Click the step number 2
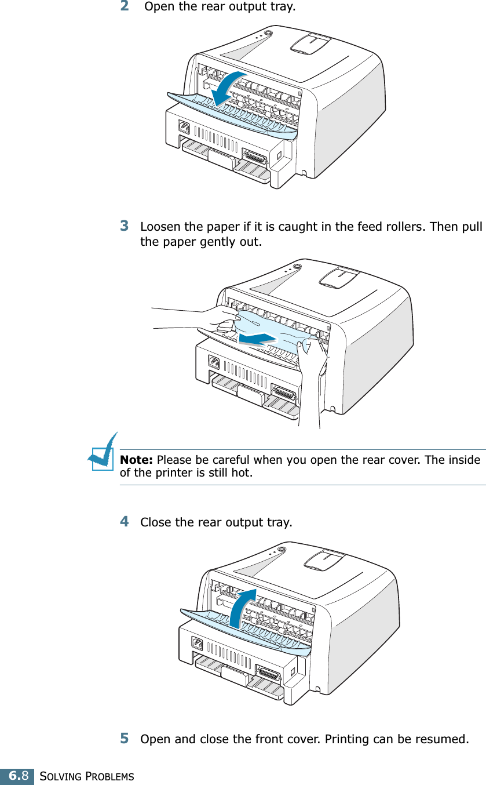tap(125, 7)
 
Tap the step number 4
tap(125, 521)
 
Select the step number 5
tap(125, 739)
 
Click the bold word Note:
tap(136, 460)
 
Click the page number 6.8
tap(17, 776)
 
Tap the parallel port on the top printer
tap(255, 158)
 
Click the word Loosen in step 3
tap(160, 226)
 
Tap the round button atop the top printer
tap(266, 34)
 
